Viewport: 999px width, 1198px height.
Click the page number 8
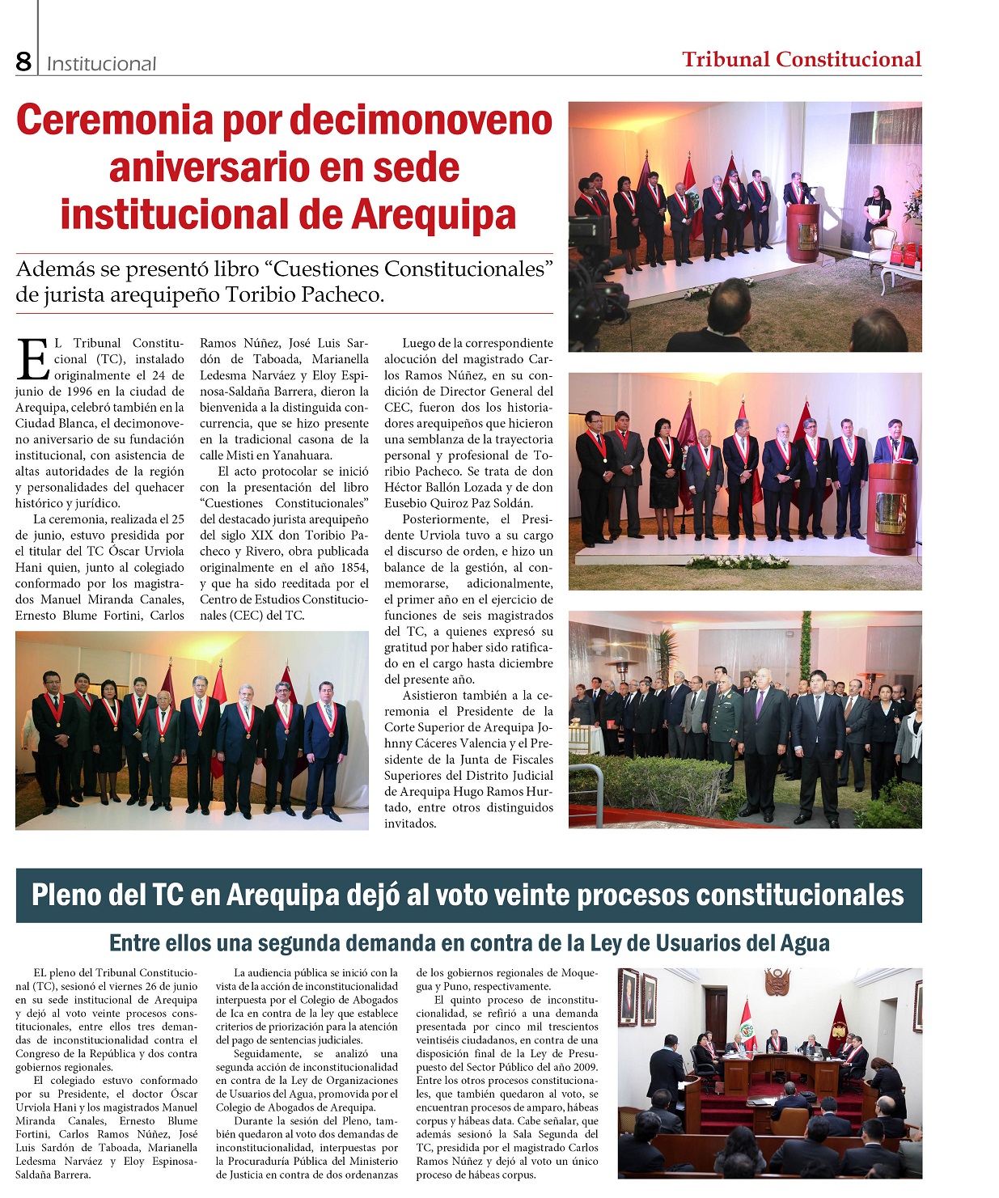[23, 61]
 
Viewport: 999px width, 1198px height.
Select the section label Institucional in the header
[101, 64]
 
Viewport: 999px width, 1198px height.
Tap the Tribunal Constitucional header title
[801, 59]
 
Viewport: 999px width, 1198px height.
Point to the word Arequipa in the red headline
[433, 215]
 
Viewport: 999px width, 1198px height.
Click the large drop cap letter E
[33, 360]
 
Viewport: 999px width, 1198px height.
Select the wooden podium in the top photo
[802, 232]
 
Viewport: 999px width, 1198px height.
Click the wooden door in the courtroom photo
[716, 1015]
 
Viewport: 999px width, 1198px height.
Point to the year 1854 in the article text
[352, 568]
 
